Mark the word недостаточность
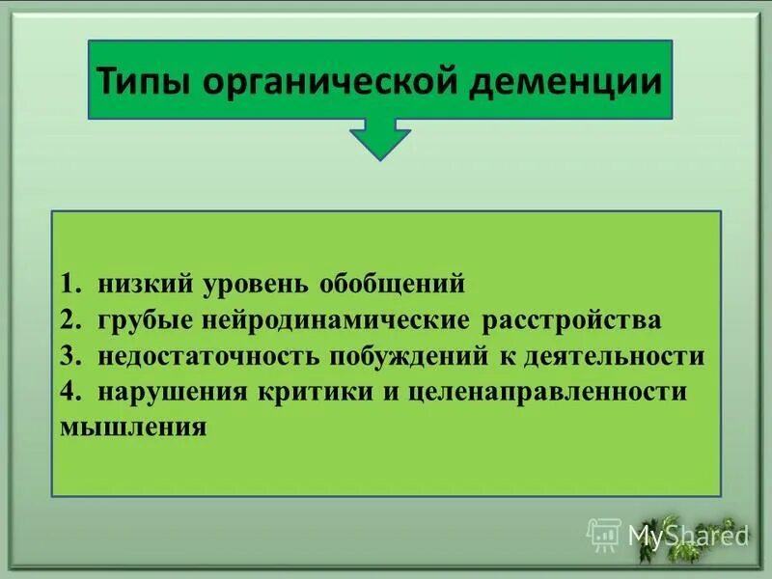210,356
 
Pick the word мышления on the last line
133,426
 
